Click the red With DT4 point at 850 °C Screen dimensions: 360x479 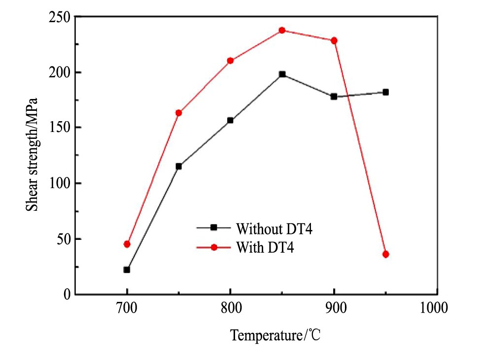click(282, 31)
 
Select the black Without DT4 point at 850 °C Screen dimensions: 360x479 click(282, 74)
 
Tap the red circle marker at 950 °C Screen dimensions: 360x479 click(385, 254)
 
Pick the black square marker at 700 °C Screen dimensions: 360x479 click(127, 270)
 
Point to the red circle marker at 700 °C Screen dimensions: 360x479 click(127, 244)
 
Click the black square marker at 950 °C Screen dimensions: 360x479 click(385, 92)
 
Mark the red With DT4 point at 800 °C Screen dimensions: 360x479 click(230, 61)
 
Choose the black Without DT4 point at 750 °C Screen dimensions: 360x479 click(178, 166)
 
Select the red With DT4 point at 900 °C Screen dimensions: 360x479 click(334, 40)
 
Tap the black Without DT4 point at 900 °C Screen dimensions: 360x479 click(334, 97)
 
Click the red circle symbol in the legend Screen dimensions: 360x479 click(214, 247)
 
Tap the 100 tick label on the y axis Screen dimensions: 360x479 click(61, 183)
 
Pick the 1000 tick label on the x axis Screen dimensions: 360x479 click(434, 309)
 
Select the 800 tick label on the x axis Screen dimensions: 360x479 click(230, 309)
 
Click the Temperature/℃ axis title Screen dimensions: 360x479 click(276, 336)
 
